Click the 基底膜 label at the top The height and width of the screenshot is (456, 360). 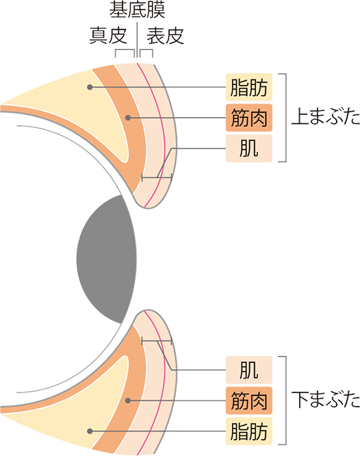[x=137, y=10]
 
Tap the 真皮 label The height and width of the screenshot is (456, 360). [x=108, y=36]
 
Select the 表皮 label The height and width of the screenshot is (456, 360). [x=165, y=36]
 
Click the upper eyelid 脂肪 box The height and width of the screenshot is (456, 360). [x=249, y=87]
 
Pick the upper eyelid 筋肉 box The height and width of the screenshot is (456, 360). [x=249, y=118]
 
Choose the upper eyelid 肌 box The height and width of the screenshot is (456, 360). [x=249, y=149]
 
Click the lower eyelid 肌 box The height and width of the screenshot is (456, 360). [x=249, y=370]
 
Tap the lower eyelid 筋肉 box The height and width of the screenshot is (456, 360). [x=249, y=401]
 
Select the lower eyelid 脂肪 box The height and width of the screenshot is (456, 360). [x=249, y=431]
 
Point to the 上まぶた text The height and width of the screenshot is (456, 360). [x=326, y=116]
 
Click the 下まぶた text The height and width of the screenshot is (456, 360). [x=326, y=399]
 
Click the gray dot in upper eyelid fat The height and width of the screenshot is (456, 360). [x=90, y=87]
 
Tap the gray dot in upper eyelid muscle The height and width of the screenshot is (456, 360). [x=128, y=118]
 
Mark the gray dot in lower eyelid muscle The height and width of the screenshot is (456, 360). [x=128, y=401]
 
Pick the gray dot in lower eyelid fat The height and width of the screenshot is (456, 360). [x=90, y=431]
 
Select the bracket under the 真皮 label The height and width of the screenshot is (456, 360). [x=125, y=50]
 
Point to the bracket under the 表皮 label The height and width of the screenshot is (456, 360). [x=146, y=50]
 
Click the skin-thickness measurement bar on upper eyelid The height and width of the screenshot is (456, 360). [x=157, y=177]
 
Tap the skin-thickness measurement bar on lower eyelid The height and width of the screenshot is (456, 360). [x=157, y=341]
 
